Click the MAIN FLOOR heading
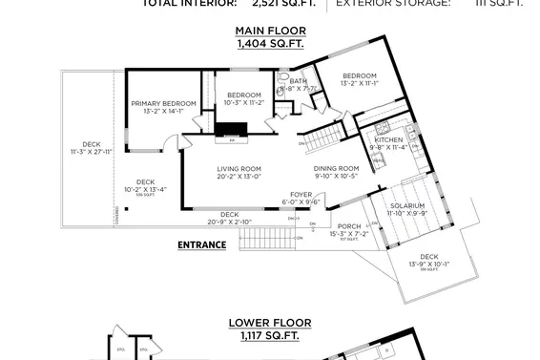point(271,31)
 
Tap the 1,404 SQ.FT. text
point(271,43)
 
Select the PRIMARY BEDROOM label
point(163,103)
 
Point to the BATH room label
point(299,82)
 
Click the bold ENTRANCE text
point(202,244)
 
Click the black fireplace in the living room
point(230,132)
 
